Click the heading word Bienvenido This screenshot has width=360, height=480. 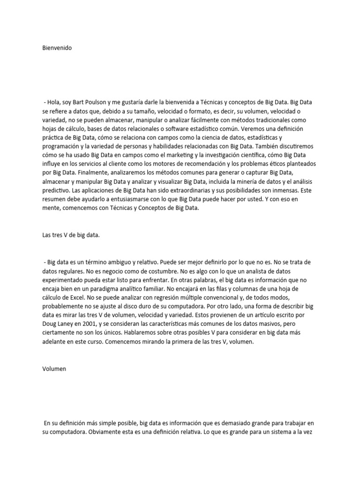coord(55,48)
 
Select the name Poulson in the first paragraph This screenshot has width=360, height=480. coord(98,102)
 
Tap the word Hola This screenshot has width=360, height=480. coord(54,102)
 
